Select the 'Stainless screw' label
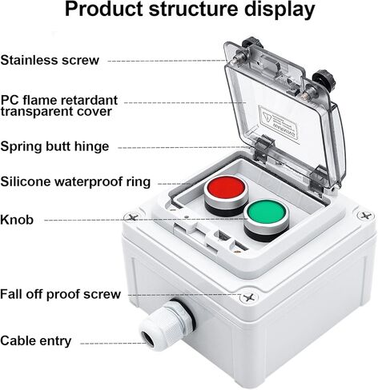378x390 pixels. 50,60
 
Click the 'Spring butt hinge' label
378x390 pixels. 54,146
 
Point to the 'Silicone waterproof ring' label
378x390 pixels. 75,181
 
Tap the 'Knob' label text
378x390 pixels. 17,220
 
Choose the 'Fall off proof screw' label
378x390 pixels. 60,294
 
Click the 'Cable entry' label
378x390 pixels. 36,340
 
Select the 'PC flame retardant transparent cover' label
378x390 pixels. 58,105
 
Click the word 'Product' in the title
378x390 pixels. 104,10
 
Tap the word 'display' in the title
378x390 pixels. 279,10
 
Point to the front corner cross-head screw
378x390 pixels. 248,297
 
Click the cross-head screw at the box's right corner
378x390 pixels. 365,215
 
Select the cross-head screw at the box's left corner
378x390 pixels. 131,217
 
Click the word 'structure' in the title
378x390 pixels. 193,10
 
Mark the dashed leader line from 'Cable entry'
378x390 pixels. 113,343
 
